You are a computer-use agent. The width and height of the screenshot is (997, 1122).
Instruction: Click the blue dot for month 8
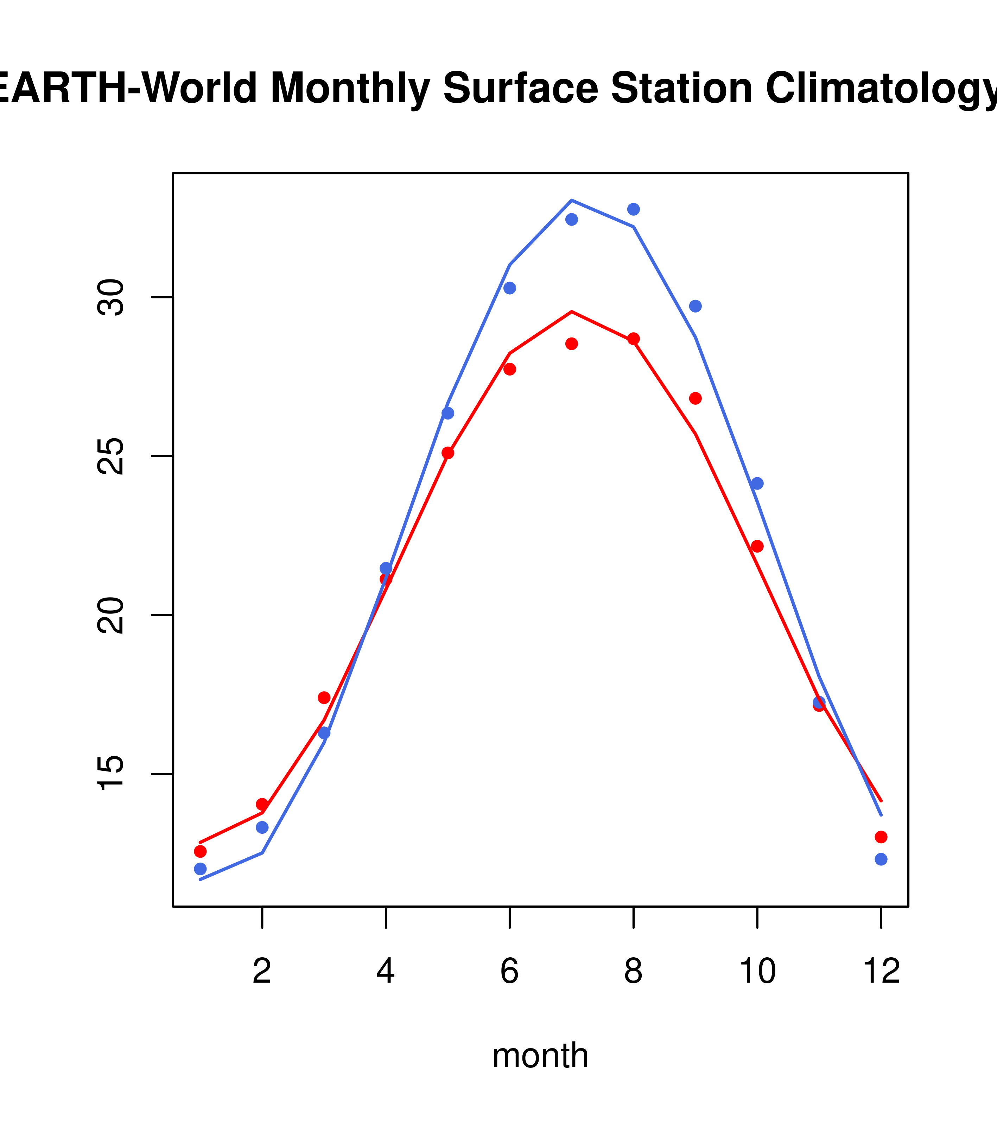click(x=633, y=209)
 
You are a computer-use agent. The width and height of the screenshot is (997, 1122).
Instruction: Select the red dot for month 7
click(x=572, y=343)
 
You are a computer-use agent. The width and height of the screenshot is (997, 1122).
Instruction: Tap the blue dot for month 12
click(x=881, y=859)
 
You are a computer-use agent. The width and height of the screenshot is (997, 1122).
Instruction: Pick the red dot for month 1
click(x=200, y=851)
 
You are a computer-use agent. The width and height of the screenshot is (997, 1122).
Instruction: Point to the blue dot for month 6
click(x=510, y=288)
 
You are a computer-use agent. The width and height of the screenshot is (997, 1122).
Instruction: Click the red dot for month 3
click(x=324, y=698)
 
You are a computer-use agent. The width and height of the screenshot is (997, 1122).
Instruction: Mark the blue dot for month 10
click(x=757, y=484)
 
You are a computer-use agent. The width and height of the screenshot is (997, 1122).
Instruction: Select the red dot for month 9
click(x=695, y=398)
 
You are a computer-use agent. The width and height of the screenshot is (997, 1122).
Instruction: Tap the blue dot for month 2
click(x=262, y=827)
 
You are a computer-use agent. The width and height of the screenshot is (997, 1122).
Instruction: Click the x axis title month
click(x=540, y=1055)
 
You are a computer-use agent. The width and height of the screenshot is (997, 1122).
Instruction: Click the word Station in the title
click(x=681, y=89)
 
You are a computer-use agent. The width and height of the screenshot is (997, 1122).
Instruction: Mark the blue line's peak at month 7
click(x=572, y=200)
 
